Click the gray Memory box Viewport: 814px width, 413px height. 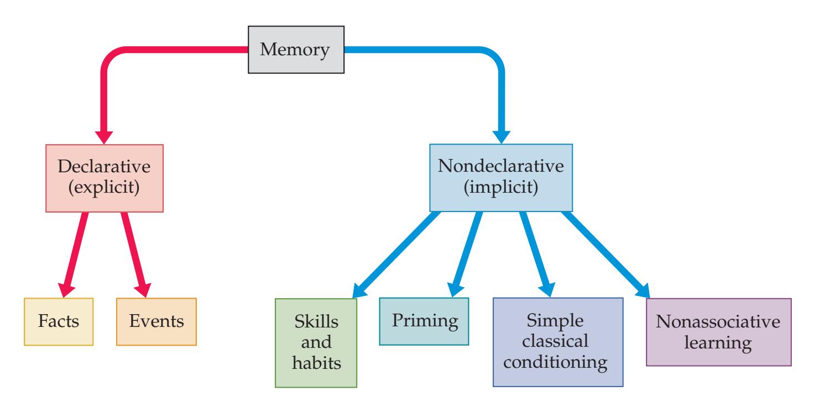(x=295, y=50)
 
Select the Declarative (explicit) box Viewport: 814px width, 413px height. (x=104, y=178)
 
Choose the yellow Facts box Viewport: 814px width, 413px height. (x=59, y=322)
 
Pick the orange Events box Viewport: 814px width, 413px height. (x=156, y=322)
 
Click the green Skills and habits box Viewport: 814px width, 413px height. (x=316, y=343)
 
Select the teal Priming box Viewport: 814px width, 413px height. (x=424, y=321)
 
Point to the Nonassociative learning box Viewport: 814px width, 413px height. (x=718, y=332)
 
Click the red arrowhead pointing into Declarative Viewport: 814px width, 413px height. (x=104, y=135)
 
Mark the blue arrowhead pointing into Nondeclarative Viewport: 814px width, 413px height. (x=502, y=135)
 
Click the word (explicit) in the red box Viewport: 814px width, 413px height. (x=104, y=189)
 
